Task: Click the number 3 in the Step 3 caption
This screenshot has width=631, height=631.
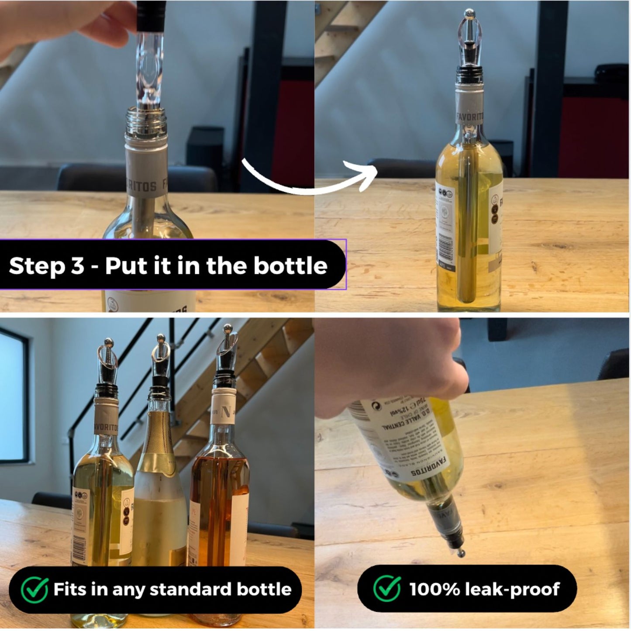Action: pos(77,266)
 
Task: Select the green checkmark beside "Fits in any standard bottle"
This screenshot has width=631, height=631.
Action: pos(34,590)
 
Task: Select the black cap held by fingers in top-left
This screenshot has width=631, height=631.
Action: pos(151,15)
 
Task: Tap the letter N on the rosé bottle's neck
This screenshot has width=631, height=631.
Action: pos(226,411)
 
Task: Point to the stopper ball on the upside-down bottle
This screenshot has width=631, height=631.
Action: pos(461,554)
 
